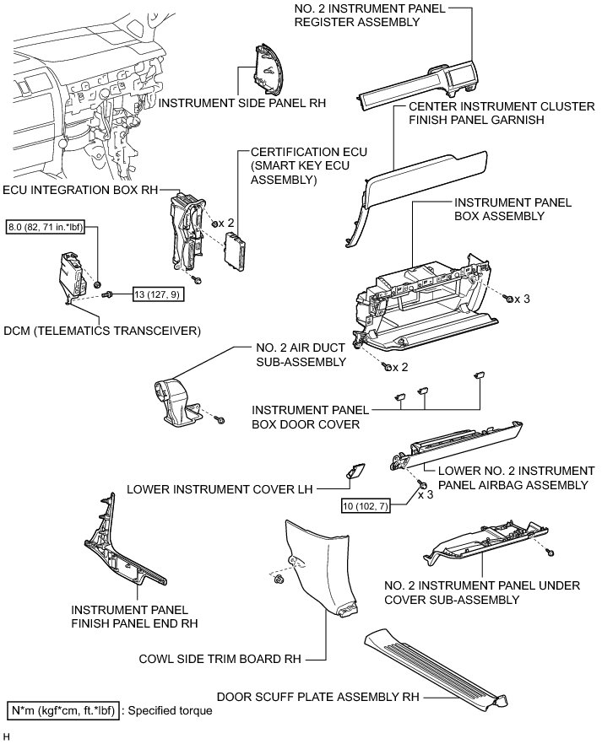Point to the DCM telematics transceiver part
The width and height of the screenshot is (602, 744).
(x=71, y=275)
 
